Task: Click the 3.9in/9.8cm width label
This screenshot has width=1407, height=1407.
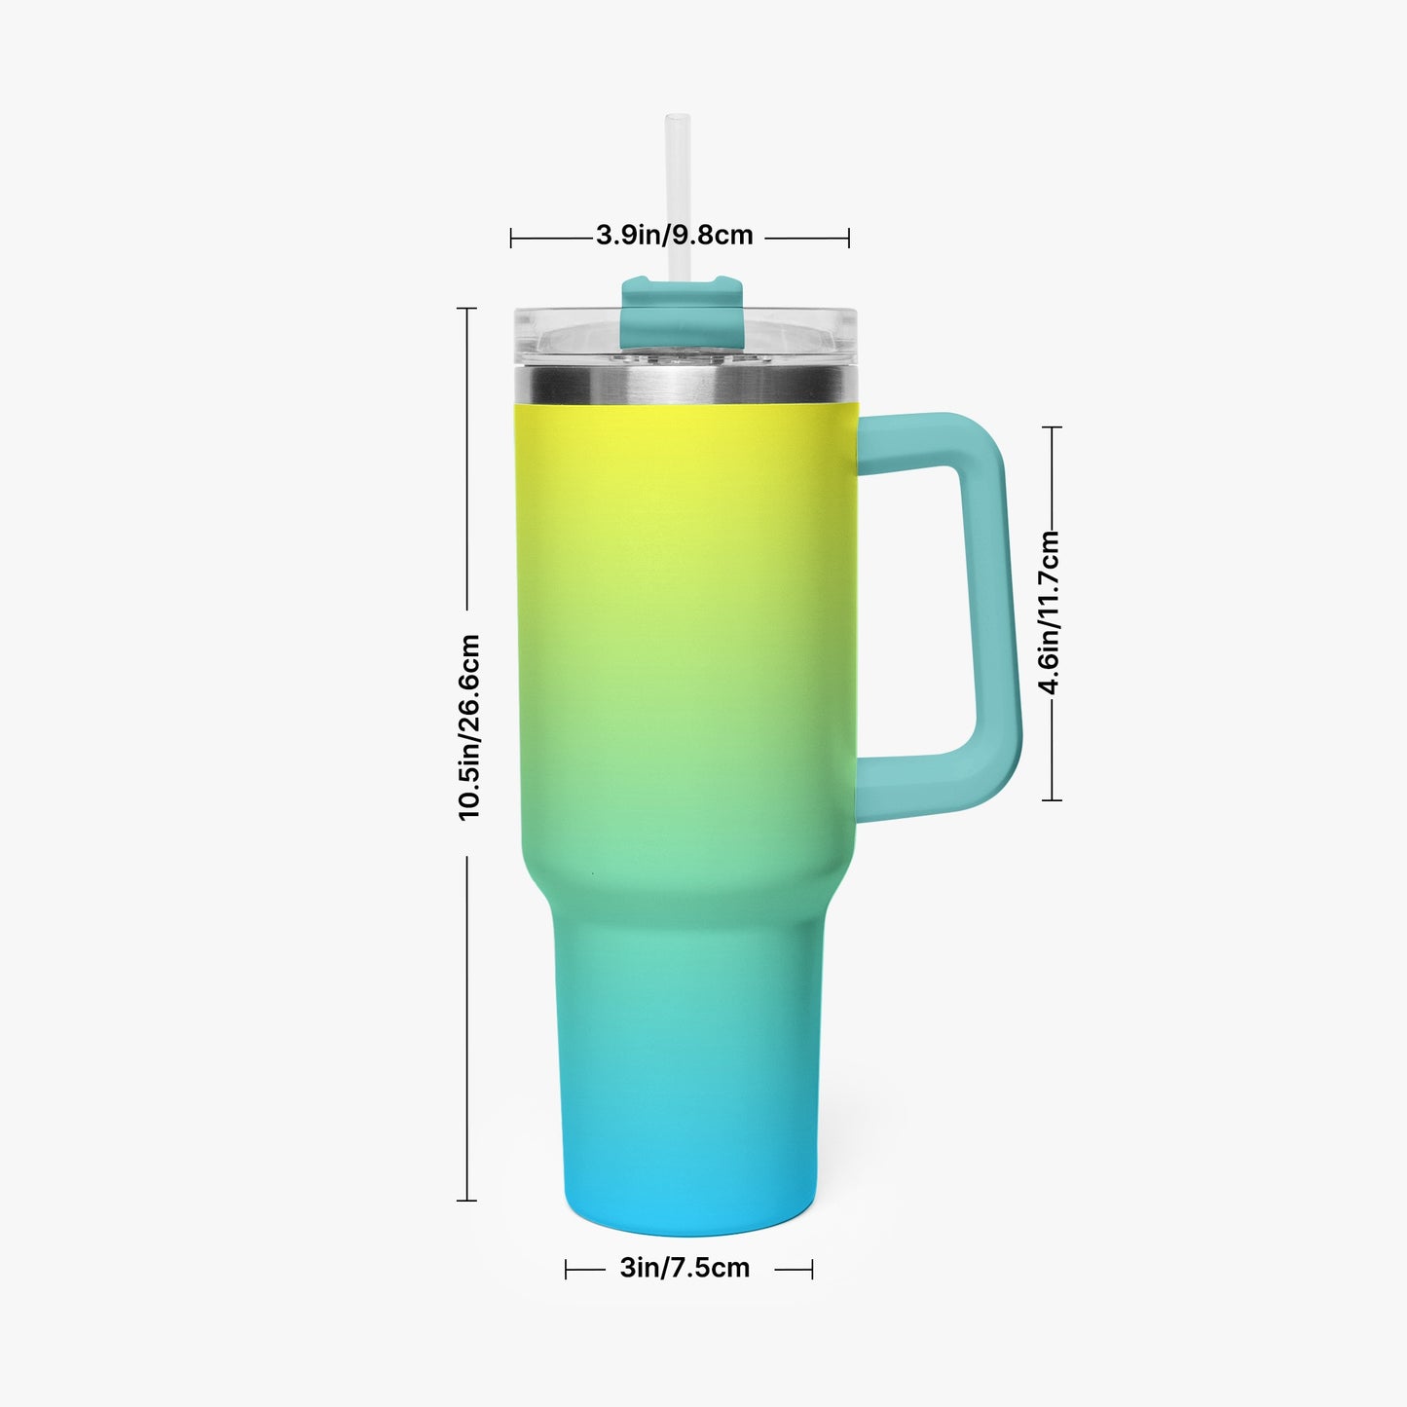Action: (x=674, y=236)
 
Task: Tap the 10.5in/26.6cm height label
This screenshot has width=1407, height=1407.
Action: (x=468, y=727)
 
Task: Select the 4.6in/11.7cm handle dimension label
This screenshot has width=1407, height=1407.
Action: (x=1050, y=611)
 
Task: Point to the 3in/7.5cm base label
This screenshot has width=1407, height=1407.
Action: (x=685, y=1269)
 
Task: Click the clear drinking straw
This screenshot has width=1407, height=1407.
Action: (x=678, y=196)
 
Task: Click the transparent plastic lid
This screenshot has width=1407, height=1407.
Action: (x=685, y=337)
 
